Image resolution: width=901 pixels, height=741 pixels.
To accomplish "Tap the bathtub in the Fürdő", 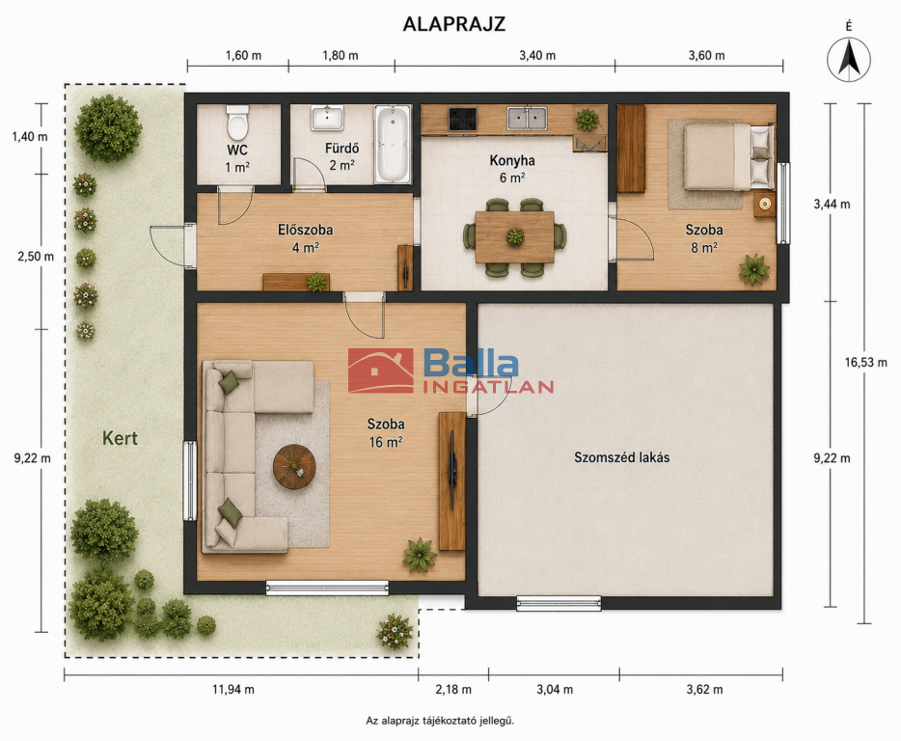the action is tap(393, 145).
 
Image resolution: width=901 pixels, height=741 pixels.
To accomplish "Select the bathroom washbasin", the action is tap(328, 118).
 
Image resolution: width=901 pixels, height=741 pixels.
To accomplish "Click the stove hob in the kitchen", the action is tap(463, 119).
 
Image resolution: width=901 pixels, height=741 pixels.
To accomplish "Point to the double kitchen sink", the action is tap(527, 119).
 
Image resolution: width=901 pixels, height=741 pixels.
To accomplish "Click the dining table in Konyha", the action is tap(515, 236).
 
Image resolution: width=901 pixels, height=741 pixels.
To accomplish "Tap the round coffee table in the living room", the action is tap(294, 466).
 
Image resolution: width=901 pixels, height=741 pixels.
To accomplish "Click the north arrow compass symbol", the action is tap(849, 59).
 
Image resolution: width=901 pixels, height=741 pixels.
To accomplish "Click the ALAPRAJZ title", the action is tap(454, 24).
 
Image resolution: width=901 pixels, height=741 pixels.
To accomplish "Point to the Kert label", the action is tap(120, 438).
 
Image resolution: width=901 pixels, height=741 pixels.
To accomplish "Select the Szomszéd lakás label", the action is tap(622, 457).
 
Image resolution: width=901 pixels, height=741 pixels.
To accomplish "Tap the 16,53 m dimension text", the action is tap(865, 362).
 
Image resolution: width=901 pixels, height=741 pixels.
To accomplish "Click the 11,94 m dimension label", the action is tap(233, 689).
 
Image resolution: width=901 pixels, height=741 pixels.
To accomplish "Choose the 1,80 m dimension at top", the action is tap(341, 55).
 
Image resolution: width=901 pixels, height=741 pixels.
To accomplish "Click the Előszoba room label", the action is tap(305, 230).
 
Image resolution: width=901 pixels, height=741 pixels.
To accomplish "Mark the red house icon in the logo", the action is tap(380, 370).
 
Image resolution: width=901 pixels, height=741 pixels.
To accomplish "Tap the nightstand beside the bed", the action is tap(765, 205).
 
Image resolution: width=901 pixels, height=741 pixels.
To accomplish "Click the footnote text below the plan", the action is tap(440, 721).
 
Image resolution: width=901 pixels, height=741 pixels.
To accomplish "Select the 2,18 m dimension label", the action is tap(453, 689).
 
